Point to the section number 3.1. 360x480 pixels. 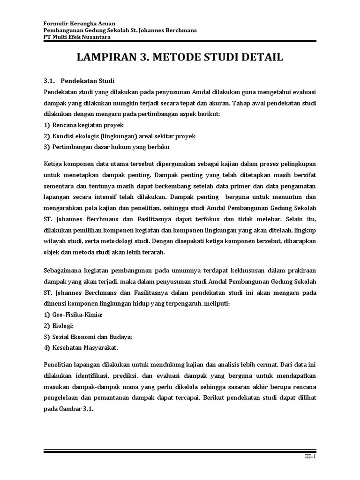pos(49,80)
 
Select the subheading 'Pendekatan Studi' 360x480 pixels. pos(91,80)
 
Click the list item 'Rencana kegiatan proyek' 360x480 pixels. pos(89,125)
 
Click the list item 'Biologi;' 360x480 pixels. pos(63,326)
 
